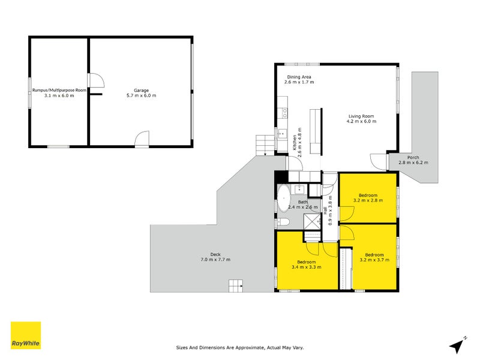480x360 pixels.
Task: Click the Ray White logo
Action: pos(26,335)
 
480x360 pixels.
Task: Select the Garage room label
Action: pos(141,92)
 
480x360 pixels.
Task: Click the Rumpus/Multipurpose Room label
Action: pos(59,92)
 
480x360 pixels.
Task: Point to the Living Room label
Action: pos(361,119)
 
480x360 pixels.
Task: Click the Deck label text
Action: pos(216,256)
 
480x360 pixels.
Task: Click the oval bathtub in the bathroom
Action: pos(283,200)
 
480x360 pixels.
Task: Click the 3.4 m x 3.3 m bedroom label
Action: pos(306,265)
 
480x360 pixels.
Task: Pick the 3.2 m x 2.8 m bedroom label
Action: pos(368,199)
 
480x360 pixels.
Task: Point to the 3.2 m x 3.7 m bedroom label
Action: pos(374,257)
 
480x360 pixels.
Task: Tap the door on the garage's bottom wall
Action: pos(142,139)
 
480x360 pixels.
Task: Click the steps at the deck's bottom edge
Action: pos(236,286)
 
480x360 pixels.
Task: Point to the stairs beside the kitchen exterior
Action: pos(264,145)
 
